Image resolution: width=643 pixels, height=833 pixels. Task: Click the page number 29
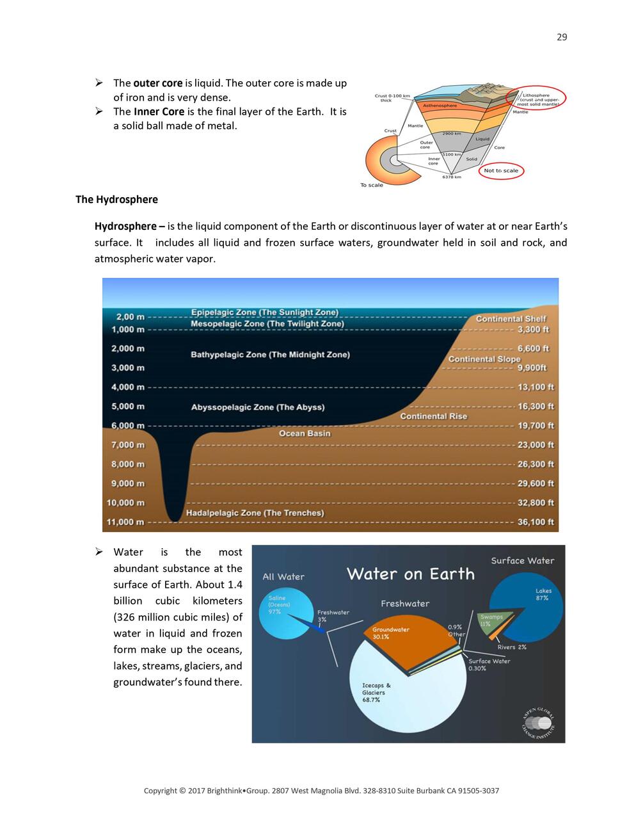coord(562,37)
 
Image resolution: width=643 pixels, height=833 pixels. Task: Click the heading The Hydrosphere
coord(116,200)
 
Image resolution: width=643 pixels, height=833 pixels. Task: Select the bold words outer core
coord(158,83)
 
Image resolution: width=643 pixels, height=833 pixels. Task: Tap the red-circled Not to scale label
coord(501,171)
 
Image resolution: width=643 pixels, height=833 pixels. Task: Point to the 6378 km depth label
coord(452,177)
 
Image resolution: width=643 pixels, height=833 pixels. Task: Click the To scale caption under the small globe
coord(372,185)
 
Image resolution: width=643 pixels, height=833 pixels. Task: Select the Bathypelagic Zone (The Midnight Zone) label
coord(270,355)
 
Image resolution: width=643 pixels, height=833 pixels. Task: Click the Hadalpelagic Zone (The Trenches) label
coord(255,513)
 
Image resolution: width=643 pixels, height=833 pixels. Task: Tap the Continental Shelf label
coord(511,319)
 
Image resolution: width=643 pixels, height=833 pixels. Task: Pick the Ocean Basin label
coord(305,433)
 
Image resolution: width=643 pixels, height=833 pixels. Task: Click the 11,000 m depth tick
coord(125,522)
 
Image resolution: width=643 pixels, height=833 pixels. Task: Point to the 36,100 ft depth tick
coord(536,522)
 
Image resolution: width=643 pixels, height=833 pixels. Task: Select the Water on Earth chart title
coord(411,574)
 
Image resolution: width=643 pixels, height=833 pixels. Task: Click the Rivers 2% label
coord(512,647)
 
